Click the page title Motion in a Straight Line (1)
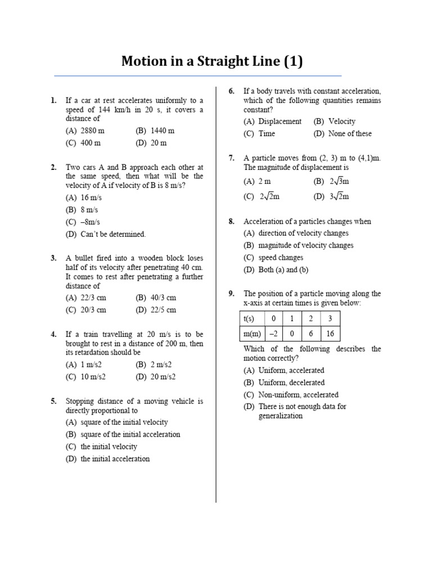coord(212,61)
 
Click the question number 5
coord(53,402)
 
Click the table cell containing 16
coord(330,334)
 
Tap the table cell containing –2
coord(274,334)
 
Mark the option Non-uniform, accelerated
coord(298,395)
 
